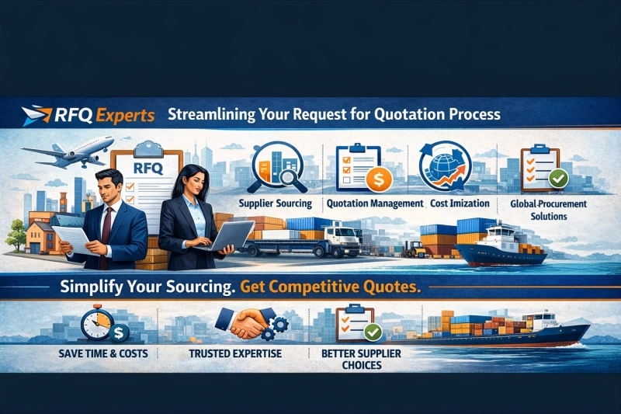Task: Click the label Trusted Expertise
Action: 235,353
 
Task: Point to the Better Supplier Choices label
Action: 350,359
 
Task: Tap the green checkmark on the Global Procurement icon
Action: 557,178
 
